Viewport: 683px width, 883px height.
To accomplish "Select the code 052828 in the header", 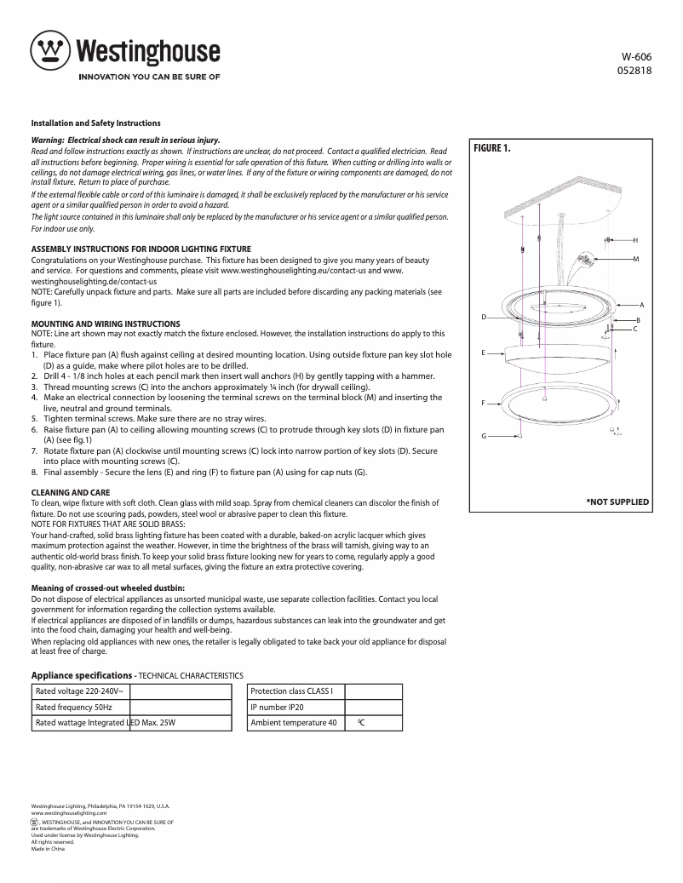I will (634, 71).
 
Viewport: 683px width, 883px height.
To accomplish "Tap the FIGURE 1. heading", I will (492, 148).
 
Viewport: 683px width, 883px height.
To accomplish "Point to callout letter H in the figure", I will (635, 241).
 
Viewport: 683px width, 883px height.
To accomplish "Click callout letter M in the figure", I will (635, 258).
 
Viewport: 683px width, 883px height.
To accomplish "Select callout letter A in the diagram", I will (641, 305).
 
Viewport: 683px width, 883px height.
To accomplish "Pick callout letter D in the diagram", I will (484, 317).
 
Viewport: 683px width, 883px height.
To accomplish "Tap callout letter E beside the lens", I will (483, 352).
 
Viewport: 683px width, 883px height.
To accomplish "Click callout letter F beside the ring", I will (483, 402).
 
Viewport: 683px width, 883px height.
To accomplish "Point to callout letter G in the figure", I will (484, 436).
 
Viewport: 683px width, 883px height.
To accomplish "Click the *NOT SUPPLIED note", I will (617, 502).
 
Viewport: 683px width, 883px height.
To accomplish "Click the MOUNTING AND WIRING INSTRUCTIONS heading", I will (106, 324).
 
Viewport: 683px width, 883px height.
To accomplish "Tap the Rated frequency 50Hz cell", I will (73, 707).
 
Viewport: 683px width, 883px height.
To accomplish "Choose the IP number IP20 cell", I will (278, 707).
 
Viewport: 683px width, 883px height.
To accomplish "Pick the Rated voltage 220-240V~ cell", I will (79, 691).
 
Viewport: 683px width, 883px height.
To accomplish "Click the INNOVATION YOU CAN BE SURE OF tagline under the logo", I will (149, 77).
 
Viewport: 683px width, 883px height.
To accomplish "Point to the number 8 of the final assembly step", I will (34, 472).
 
